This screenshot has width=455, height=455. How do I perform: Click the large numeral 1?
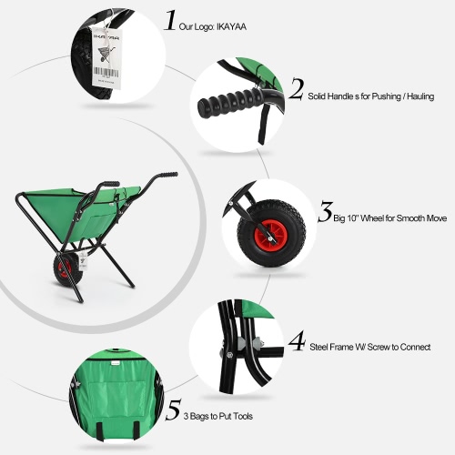tap(170, 20)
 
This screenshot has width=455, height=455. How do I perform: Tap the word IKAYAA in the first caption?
tap(231, 27)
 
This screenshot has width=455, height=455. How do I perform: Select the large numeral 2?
tap(296, 89)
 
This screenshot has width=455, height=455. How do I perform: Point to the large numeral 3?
tap(326, 212)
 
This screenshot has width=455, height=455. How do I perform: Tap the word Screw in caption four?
tap(379, 347)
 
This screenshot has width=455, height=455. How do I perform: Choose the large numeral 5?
tap(174, 409)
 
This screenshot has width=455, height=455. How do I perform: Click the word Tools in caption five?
tap(243, 416)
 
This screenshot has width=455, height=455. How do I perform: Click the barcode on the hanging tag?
tap(106, 73)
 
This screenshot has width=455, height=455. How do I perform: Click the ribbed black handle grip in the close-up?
tap(229, 99)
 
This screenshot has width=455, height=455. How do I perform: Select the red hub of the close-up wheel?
tap(269, 234)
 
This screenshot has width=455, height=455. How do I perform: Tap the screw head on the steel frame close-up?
tap(229, 354)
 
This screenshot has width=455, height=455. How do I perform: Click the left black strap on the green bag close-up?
tap(100, 430)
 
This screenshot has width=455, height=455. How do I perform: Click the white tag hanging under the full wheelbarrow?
tap(83, 261)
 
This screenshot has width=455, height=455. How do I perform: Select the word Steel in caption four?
tap(318, 347)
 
